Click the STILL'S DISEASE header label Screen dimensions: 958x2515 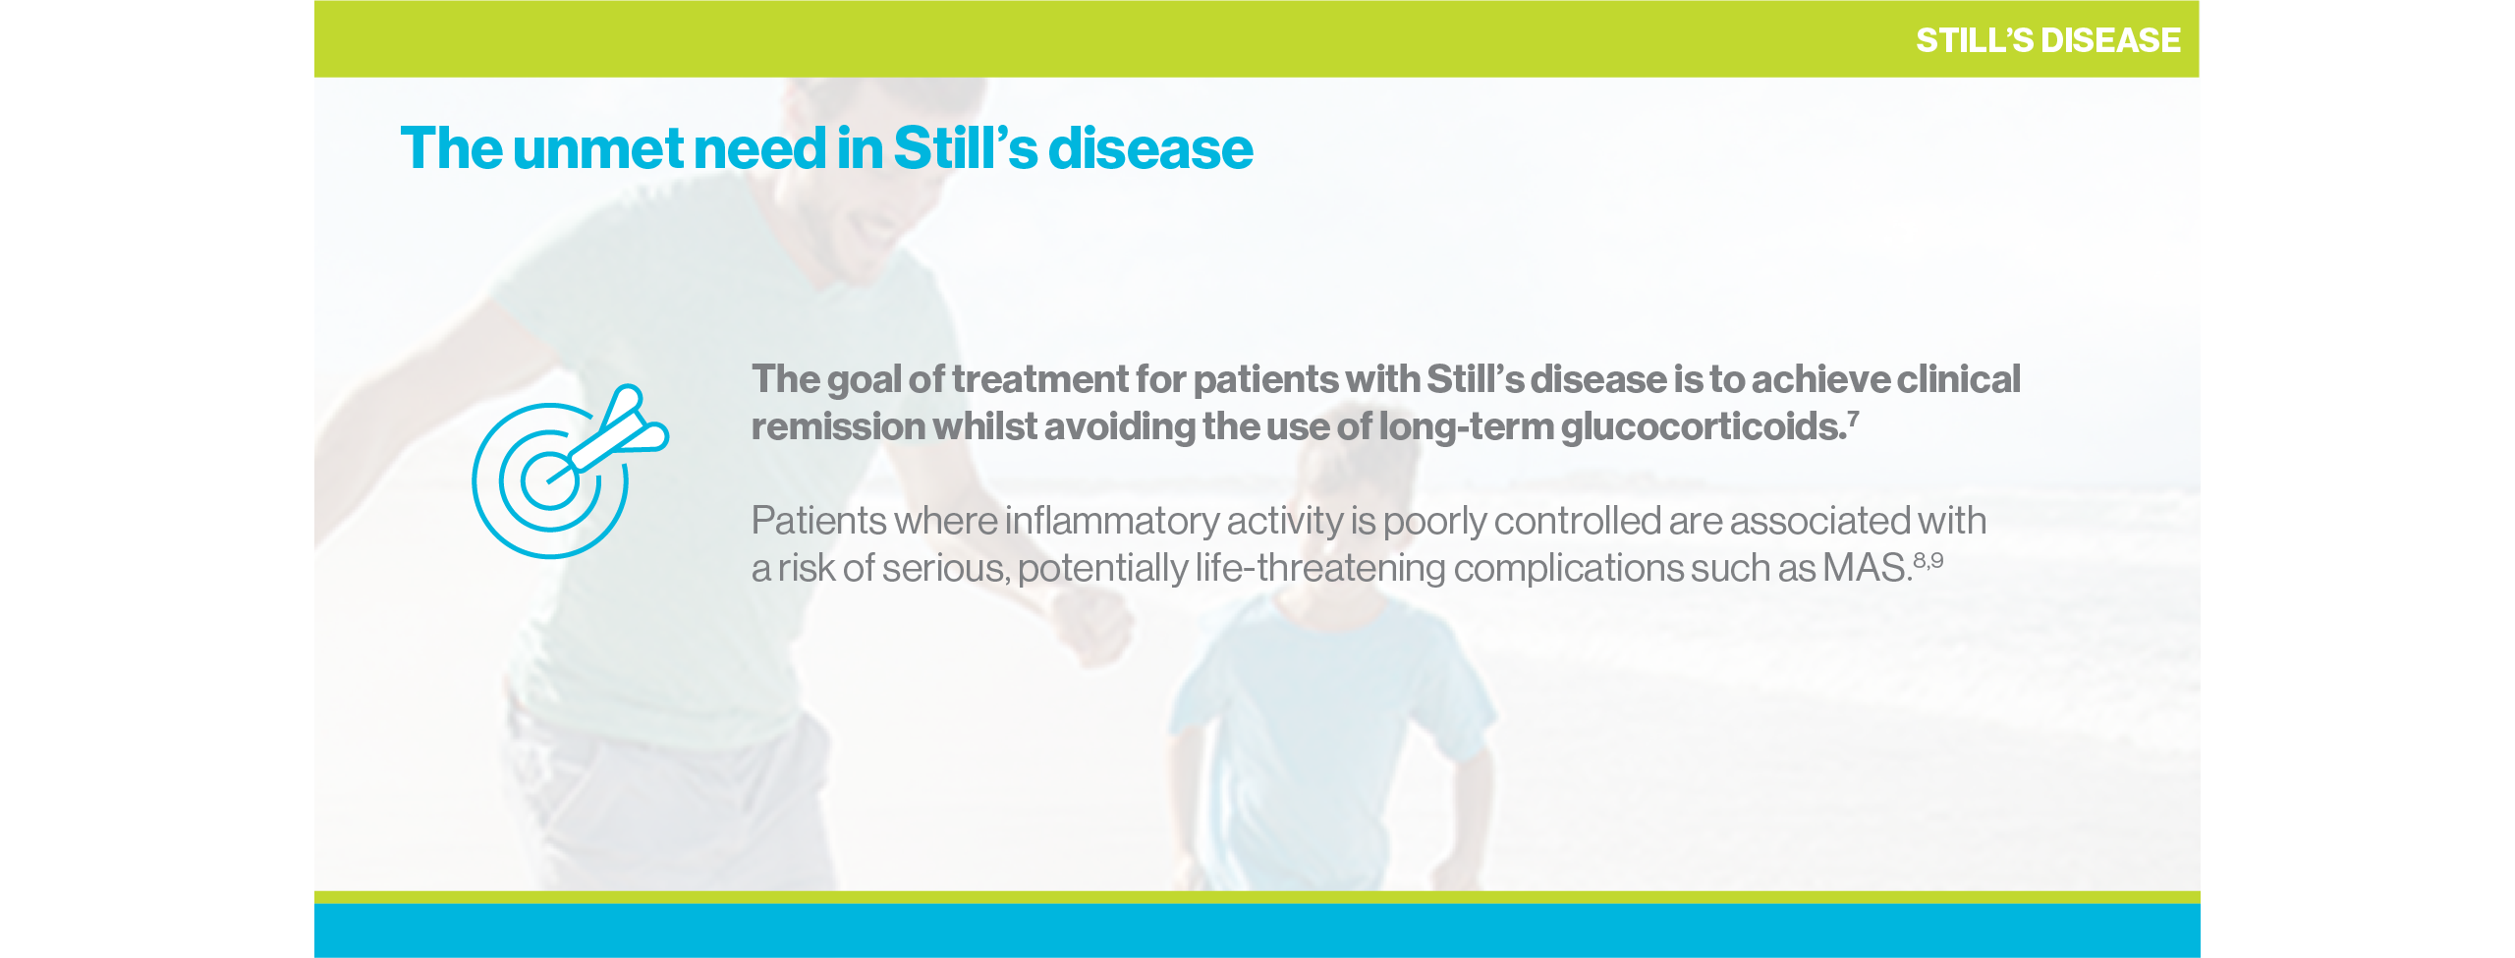pyautogui.click(x=2047, y=40)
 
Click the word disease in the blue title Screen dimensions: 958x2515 pyautogui.click(x=1150, y=149)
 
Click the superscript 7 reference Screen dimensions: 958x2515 pyautogui.click(x=1854, y=417)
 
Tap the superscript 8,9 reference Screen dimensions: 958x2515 pyautogui.click(x=1928, y=560)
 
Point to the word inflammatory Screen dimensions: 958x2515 pyautogui.click(x=1111, y=521)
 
